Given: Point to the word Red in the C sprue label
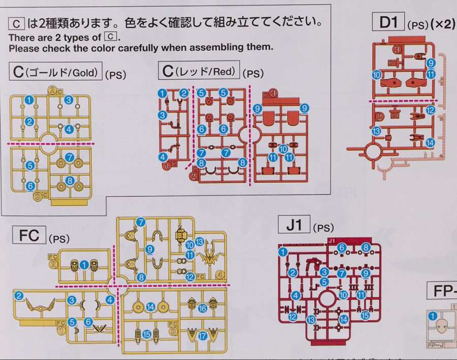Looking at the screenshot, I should click(x=223, y=71).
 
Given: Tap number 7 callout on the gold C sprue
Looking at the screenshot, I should click(x=70, y=157).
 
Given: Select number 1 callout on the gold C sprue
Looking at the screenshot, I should click(x=29, y=100).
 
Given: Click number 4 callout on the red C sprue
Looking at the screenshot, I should click(x=162, y=157).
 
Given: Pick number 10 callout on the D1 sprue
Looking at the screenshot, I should click(x=376, y=74).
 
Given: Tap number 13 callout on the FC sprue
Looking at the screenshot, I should click(x=199, y=242).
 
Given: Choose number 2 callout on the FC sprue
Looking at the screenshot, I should click(x=19, y=297).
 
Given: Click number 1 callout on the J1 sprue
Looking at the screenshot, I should click(x=283, y=250).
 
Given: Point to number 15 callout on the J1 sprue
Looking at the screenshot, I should click(x=365, y=315).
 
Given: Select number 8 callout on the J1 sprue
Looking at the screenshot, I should click(x=366, y=247).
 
